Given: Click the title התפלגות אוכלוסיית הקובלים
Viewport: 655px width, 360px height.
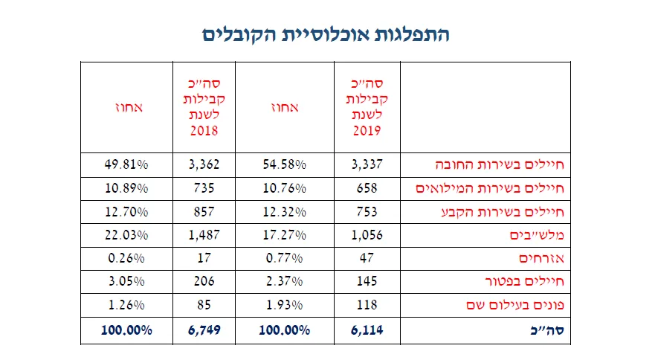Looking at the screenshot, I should [326, 34].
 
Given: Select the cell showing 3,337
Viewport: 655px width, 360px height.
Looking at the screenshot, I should [367, 164].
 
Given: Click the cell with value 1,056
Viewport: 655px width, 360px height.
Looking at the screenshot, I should [367, 235].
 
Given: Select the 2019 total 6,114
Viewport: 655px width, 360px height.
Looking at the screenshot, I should [367, 329].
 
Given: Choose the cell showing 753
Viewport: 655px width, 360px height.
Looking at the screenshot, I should [367, 211].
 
